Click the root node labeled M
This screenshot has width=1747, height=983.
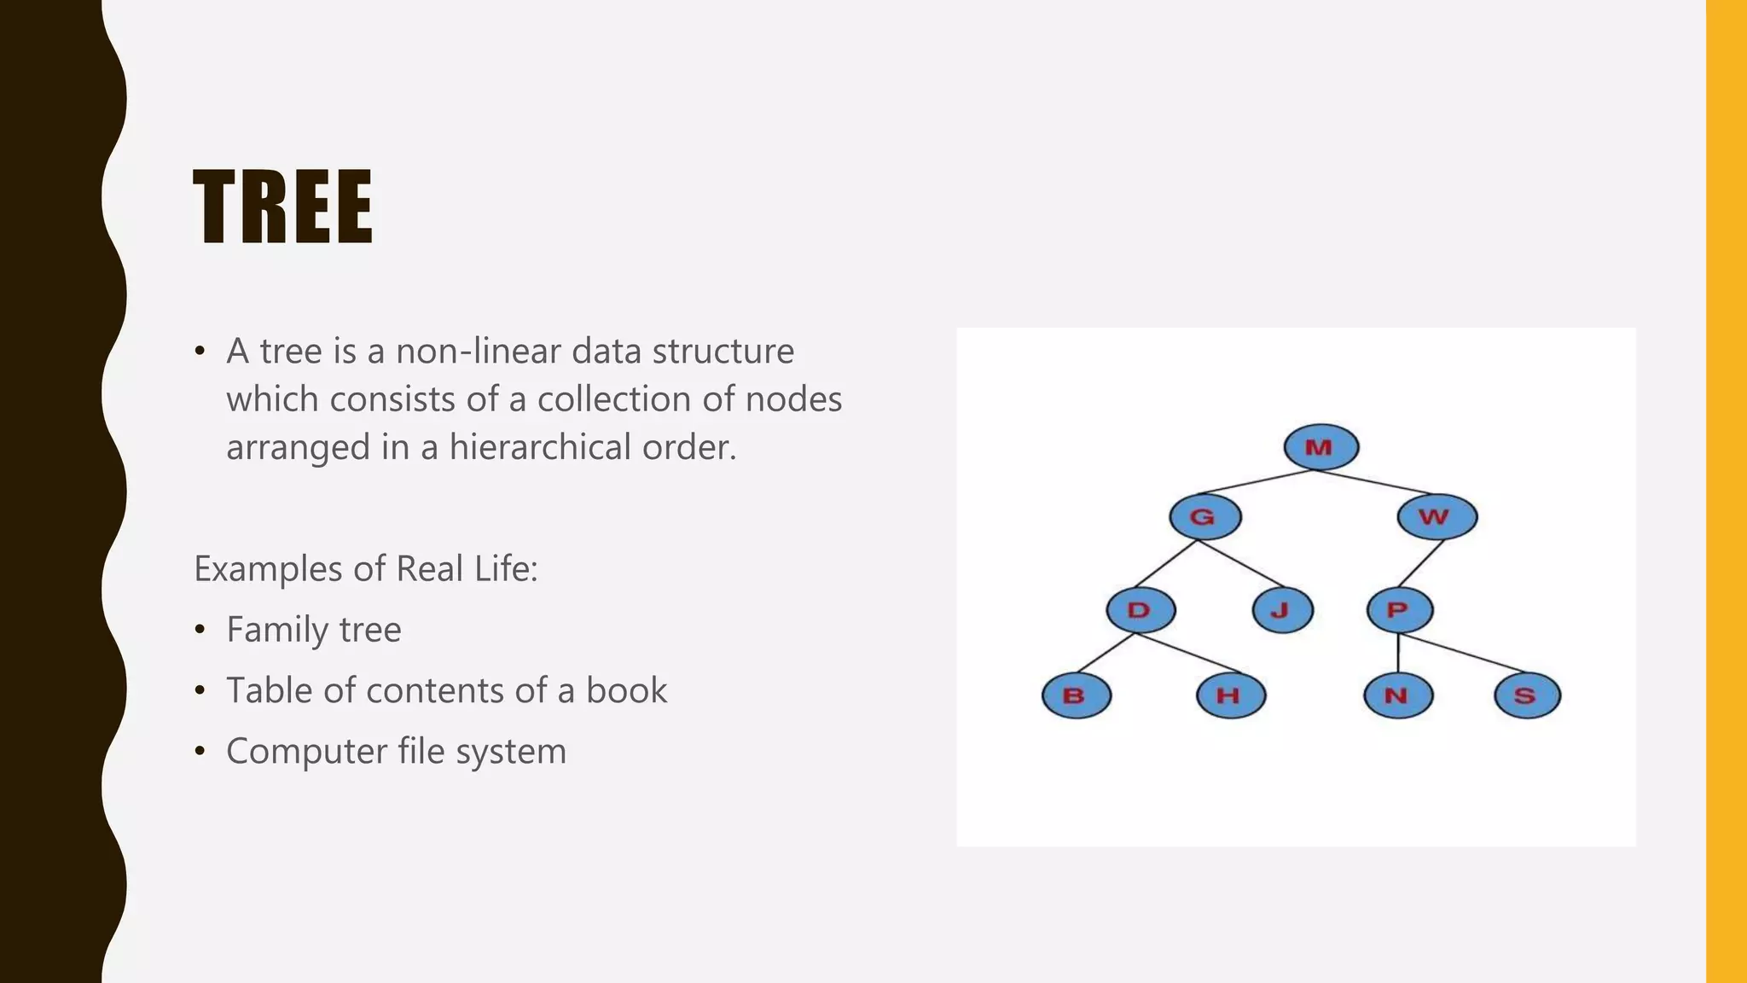1320,447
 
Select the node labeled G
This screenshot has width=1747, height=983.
1204,517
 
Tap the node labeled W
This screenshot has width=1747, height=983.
1436,517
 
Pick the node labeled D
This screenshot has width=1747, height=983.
1140,610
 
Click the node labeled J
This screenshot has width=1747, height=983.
1282,610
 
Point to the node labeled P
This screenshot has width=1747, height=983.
1399,610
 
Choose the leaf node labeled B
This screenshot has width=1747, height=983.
1076,695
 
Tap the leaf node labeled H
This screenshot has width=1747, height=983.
1230,695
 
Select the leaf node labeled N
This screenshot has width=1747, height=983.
1397,695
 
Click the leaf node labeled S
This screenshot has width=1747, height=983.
1527,695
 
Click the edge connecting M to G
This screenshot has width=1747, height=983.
1254,482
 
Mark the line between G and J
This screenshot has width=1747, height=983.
1241,564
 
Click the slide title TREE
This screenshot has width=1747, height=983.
282,207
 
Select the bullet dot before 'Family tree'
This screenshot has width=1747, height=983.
200,630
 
